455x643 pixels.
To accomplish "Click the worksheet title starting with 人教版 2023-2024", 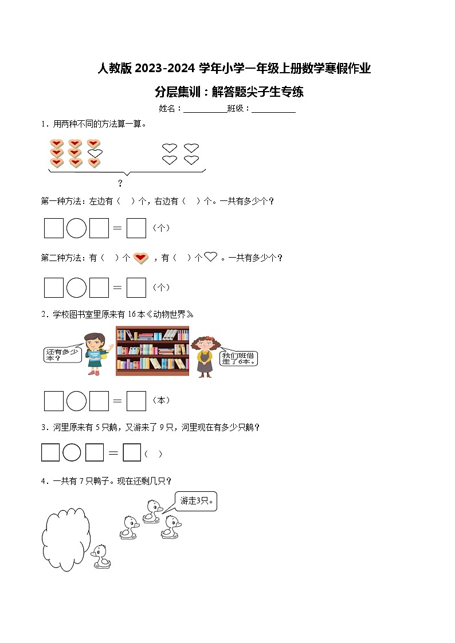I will pos(234,69).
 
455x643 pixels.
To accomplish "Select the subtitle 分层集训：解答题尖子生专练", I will pos(229,92).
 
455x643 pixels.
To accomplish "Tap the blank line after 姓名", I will pos(205,109).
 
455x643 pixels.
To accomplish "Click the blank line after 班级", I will pos(273,109).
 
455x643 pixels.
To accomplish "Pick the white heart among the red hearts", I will pos(95,153).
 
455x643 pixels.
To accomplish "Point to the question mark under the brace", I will pos(120,183).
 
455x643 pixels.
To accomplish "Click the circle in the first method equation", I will pos(76,228).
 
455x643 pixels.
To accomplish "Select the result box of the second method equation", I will pos(136,287).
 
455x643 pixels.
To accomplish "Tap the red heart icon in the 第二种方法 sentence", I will pos(141,258).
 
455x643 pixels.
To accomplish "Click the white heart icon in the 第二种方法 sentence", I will pos(211,257).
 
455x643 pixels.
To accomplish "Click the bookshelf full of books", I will pos(152,351).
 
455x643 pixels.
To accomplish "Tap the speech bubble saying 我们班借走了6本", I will pos(240,358).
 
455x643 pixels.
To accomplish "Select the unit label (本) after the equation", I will pos(161,400).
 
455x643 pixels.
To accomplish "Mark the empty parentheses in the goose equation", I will pos(153,454).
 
